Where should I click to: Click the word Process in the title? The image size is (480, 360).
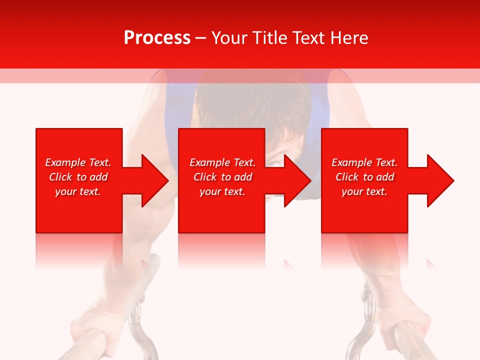[x=157, y=38]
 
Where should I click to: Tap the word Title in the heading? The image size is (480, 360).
[x=269, y=38]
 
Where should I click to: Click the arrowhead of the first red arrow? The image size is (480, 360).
[x=154, y=180]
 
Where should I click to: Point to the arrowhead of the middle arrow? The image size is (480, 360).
[x=297, y=180]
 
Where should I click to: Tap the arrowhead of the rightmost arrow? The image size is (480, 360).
[x=440, y=180]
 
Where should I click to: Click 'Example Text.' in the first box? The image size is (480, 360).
[x=78, y=162]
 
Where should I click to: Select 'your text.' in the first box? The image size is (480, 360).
[x=78, y=191]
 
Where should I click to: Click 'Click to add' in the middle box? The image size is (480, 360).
[x=222, y=177]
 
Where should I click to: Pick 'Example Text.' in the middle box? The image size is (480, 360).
[x=222, y=162]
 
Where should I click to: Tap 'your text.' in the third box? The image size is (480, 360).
[x=364, y=191]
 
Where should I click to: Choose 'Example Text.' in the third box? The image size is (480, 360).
[x=364, y=162]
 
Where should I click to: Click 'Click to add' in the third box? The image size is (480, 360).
[x=364, y=177]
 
